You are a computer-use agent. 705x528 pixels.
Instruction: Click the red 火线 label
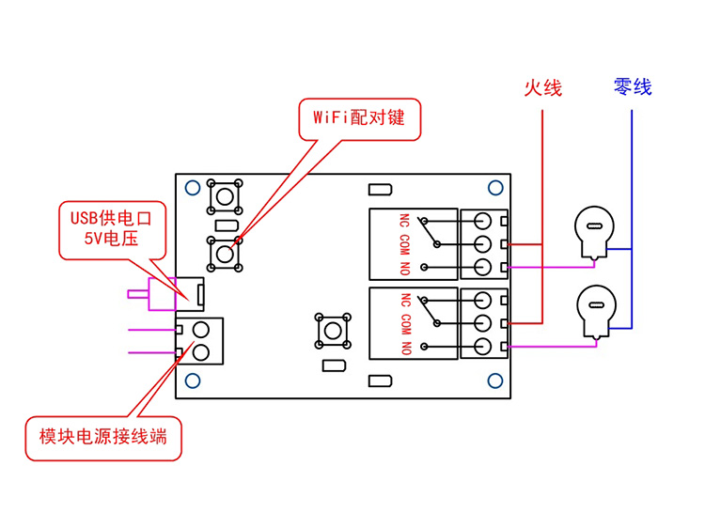543,87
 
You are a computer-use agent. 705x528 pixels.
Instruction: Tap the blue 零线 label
633,86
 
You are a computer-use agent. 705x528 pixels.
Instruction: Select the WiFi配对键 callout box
360,119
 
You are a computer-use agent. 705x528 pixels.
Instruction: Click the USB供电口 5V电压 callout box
113,230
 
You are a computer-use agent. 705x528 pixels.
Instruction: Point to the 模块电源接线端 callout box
103,438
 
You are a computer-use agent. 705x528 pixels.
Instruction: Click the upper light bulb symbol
594,233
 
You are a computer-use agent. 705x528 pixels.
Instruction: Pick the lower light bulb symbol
597,311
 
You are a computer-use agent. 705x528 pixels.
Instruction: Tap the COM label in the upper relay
404,245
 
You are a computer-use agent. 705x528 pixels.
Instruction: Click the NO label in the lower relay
406,349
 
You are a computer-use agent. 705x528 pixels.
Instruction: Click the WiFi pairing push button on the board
225,255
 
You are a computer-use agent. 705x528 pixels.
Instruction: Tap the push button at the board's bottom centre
333,331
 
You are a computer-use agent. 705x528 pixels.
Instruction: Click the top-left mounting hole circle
193,187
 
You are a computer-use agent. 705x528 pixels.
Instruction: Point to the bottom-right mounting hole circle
495,381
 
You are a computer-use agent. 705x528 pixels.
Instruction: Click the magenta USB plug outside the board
151,294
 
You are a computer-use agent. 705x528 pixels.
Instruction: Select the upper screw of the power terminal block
200,331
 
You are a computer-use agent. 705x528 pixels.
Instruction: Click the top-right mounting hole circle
495,187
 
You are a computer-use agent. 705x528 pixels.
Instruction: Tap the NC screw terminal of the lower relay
482,300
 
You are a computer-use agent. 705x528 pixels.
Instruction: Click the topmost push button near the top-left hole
225,196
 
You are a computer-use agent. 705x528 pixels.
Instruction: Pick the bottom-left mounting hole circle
193,381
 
